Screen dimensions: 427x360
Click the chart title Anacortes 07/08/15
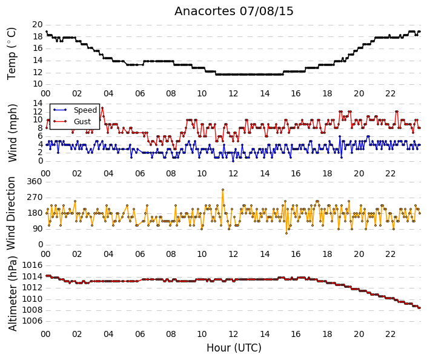234,12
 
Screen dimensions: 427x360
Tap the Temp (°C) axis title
12,54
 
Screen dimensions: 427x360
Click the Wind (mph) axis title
12,133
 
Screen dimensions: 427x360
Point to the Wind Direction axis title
11,213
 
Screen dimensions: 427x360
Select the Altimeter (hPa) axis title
12,293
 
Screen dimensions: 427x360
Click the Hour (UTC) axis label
234,348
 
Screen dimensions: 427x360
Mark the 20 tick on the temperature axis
38,25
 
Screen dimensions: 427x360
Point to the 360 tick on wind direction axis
35,182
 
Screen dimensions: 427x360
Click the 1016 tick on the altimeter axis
32,265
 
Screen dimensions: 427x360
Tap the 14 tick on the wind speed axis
38,103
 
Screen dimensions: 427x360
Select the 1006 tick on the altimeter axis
32,321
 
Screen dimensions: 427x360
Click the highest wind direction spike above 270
223,190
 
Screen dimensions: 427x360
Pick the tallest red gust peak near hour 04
102,108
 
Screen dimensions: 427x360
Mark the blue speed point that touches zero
233,161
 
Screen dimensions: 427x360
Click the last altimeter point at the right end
420,308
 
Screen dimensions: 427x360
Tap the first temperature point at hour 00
46,32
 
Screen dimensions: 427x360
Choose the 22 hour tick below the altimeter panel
390,334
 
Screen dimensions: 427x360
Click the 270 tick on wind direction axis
35,198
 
